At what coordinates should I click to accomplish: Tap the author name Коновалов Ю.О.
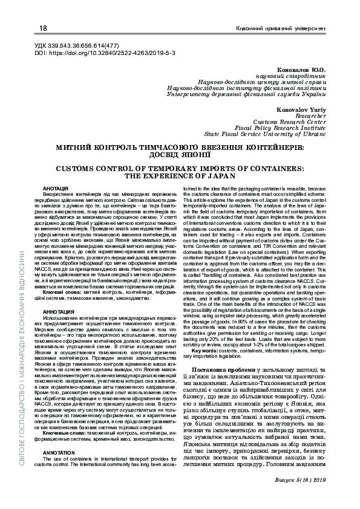coord(301,71)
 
